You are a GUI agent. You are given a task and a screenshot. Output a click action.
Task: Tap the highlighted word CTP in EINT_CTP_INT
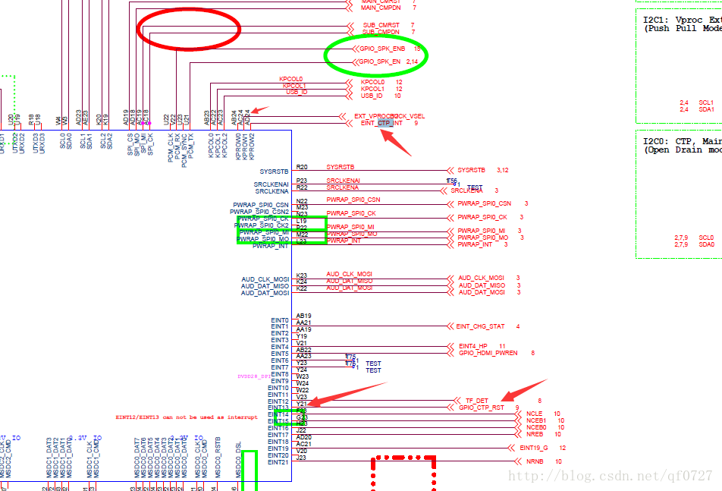pos(385,123)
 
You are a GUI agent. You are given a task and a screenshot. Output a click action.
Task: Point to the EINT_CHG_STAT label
pos(480,326)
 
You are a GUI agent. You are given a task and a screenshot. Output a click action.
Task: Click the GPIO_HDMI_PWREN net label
pos(488,353)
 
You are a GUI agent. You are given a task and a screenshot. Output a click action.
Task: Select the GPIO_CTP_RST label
pos(481,408)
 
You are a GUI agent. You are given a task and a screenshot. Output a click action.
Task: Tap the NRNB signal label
pos(535,461)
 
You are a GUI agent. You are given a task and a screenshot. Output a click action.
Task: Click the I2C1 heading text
pos(655,20)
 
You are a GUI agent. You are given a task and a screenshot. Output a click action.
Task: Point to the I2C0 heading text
pos(655,140)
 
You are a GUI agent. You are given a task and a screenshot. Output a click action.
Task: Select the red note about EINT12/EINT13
pos(186,417)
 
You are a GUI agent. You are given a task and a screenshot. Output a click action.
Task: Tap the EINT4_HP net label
pos(474,346)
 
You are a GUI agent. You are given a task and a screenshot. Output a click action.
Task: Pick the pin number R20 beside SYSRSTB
pos(302,167)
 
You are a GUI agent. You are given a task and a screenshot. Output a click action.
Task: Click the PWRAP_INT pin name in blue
pos(271,246)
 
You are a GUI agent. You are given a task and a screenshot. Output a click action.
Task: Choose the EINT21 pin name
pos(278,461)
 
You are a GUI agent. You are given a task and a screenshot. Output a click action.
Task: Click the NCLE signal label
pos(534,414)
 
